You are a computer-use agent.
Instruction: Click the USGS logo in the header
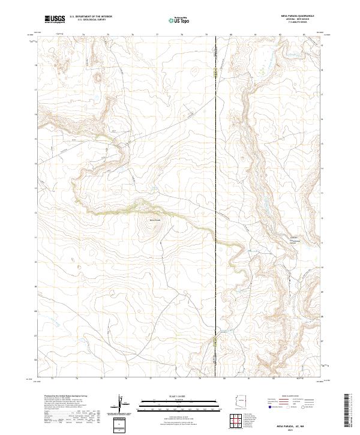(x=55, y=19)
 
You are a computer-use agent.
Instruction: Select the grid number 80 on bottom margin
(x=224, y=379)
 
